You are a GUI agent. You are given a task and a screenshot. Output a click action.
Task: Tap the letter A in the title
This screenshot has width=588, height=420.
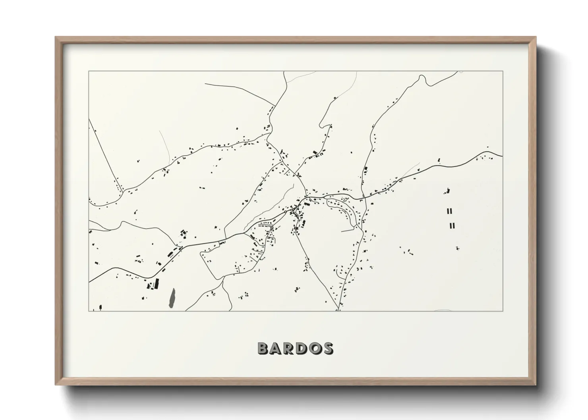tap(277, 349)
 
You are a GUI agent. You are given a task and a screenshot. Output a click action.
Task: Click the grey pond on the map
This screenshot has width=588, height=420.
tap(172, 297)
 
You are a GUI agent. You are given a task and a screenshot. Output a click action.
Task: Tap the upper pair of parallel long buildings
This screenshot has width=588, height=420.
tap(450, 211)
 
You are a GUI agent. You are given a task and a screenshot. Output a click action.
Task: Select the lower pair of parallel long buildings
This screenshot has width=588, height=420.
tap(452, 226)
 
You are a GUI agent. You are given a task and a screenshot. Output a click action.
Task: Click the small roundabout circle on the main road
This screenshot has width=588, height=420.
tap(286, 212)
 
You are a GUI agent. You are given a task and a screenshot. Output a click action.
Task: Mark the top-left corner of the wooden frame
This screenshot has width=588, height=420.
tap(56, 37)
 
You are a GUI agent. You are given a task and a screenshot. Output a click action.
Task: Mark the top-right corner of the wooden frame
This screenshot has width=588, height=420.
tap(535, 37)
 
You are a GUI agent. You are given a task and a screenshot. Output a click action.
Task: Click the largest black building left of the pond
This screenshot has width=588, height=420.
tap(156, 283)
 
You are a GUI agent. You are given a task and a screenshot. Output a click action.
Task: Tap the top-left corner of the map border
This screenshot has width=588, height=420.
tap(89, 71)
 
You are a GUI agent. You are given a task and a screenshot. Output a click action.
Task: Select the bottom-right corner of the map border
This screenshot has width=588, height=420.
tap(503, 311)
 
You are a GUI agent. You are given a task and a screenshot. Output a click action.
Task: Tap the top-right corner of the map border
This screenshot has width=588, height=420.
tap(503, 71)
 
